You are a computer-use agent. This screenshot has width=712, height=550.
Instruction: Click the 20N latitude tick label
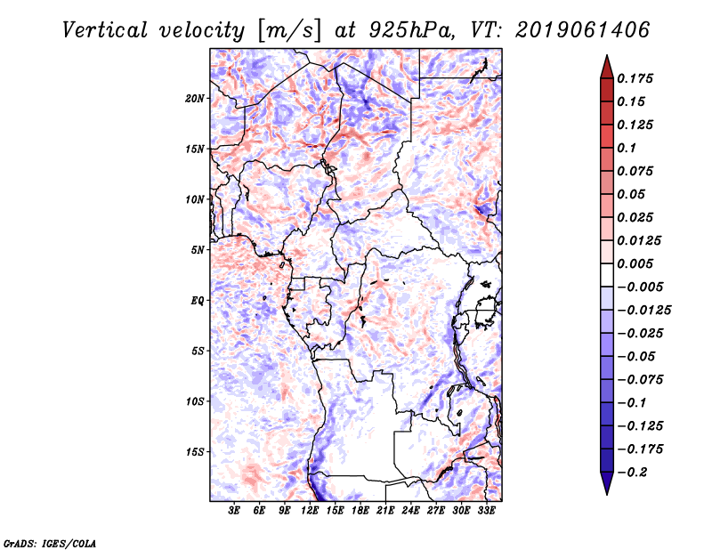pos(196,98)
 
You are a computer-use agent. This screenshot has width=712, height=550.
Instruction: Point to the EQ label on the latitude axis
pos(198,300)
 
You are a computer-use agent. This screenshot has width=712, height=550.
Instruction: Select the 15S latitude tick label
pos(196,451)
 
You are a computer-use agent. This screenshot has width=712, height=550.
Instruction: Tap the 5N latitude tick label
pos(198,249)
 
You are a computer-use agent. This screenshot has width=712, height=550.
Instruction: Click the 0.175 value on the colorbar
pos(637,78)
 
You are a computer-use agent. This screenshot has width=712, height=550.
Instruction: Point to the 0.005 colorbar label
pos(637,263)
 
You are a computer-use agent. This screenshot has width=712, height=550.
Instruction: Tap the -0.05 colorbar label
pos(638,356)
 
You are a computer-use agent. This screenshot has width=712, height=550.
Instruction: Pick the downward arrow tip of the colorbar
pos(606,491)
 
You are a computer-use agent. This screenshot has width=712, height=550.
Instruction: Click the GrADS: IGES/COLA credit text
pos(49,542)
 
